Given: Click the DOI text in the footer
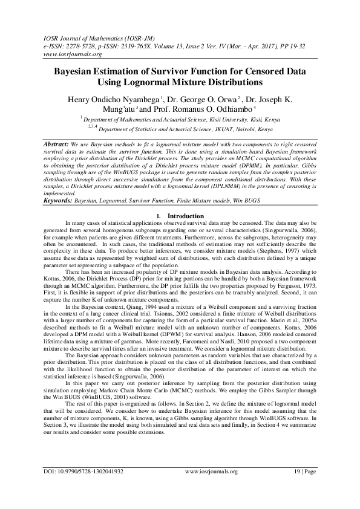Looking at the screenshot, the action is click(x=83, y=487).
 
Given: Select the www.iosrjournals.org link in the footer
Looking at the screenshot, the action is click(x=211, y=487).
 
